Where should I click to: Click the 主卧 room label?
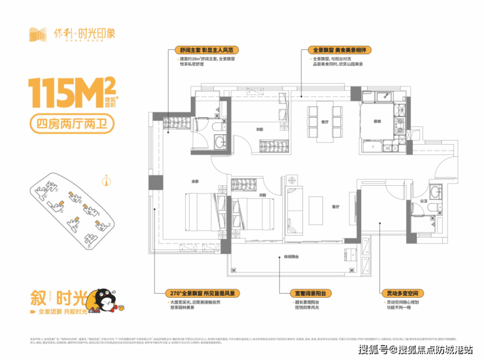176,181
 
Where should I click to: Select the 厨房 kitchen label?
377,122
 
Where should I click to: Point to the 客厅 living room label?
334,206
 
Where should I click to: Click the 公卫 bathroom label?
423,201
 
